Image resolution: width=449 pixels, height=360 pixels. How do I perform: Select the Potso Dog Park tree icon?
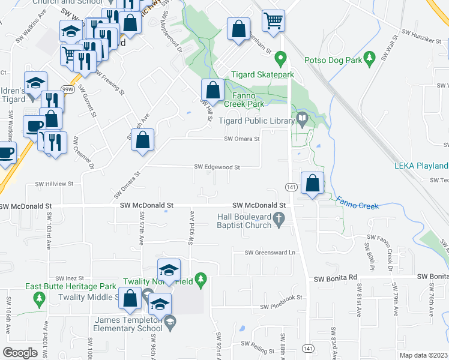coord(370,58)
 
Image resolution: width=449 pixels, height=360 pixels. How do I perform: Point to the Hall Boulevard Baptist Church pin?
coord(279,220)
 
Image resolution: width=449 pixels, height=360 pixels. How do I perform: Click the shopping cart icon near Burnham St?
coord(273,21)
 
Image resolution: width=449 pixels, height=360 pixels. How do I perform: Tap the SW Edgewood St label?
coord(217,167)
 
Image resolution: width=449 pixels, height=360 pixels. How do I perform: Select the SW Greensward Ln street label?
coord(270,253)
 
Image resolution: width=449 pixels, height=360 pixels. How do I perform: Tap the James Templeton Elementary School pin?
coord(170,322)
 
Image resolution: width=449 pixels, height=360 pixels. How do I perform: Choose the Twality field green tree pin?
coord(202,279)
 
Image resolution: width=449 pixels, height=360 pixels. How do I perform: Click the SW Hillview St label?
coord(54,184)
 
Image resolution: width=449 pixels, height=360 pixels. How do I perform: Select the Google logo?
coord(20,352)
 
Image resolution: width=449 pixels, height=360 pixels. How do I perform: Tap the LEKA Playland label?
coord(421,166)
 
